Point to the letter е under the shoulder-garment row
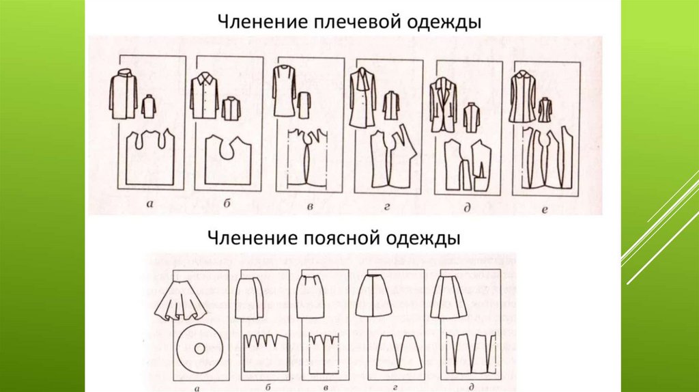544,210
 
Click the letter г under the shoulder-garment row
386,207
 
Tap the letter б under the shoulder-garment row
227,204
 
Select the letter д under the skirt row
471,387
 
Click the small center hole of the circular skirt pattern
199,348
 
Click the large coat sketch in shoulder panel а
124,94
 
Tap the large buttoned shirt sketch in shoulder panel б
204,96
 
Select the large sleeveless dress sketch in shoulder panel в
285,91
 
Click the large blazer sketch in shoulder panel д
443,104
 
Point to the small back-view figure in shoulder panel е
545,110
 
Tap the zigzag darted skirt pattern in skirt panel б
266,353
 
